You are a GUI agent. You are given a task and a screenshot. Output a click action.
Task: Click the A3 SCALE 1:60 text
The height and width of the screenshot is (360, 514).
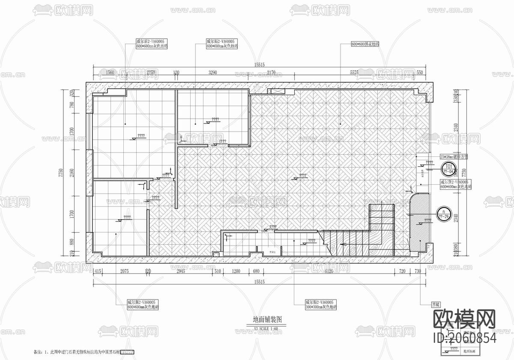(x=266, y=328)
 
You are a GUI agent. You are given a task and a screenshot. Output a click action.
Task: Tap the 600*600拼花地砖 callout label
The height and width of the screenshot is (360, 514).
(x=365, y=44)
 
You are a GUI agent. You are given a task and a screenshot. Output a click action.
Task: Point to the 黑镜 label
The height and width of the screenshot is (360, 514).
(x=436, y=304)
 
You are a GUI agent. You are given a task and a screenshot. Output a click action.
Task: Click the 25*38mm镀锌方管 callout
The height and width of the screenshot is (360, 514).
(x=454, y=157)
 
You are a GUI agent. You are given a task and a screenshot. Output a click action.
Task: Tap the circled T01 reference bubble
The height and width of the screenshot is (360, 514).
(x=449, y=167)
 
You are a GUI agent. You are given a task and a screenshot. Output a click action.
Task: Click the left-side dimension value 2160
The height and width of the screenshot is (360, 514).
(x=72, y=174)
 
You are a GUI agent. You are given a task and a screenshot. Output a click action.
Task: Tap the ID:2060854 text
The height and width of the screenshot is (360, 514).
(x=466, y=338)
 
